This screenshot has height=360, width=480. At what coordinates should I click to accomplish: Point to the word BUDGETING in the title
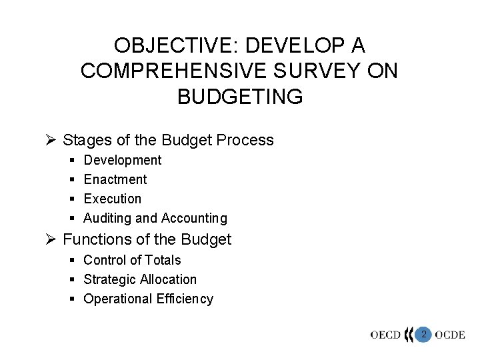pyautogui.click(x=240, y=96)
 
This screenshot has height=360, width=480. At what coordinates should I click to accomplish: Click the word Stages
pyautogui.click(x=84, y=140)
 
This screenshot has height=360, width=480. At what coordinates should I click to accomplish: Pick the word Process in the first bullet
pyautogui.click(x=246, y=140)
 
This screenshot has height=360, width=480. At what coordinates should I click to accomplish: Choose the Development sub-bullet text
pyautogui.click(x=123, y=160)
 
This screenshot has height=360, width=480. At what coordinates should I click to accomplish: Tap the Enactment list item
pyautogui.click(x=115, y=179)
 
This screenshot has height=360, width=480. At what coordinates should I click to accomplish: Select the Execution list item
pyautogui.click(x=113, y=199)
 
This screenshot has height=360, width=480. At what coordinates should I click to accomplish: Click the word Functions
pyautogui.click(x=94, y=239)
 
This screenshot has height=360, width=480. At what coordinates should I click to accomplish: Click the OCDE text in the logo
pyautogui.click(x=449, y=335)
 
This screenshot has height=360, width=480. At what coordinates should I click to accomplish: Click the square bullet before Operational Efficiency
pyautogui.click(x=73, y=299)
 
